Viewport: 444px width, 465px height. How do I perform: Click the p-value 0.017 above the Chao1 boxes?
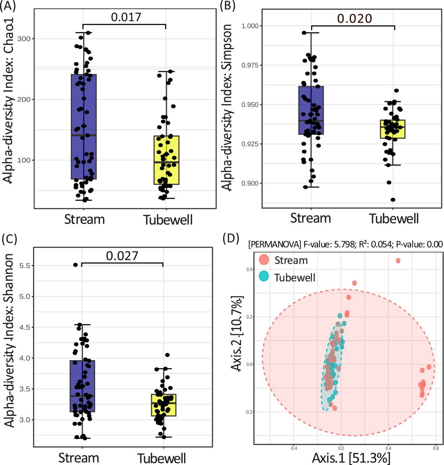click(124, 17)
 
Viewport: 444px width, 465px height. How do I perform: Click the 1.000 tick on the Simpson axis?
click(252, 26)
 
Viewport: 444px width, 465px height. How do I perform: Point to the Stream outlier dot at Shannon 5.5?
click(75, 264)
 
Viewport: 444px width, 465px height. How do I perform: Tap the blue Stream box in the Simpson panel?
click(311, 110)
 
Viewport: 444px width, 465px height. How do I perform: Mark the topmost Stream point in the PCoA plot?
click(398, 261)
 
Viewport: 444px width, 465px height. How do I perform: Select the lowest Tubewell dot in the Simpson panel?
click(393, 200)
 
